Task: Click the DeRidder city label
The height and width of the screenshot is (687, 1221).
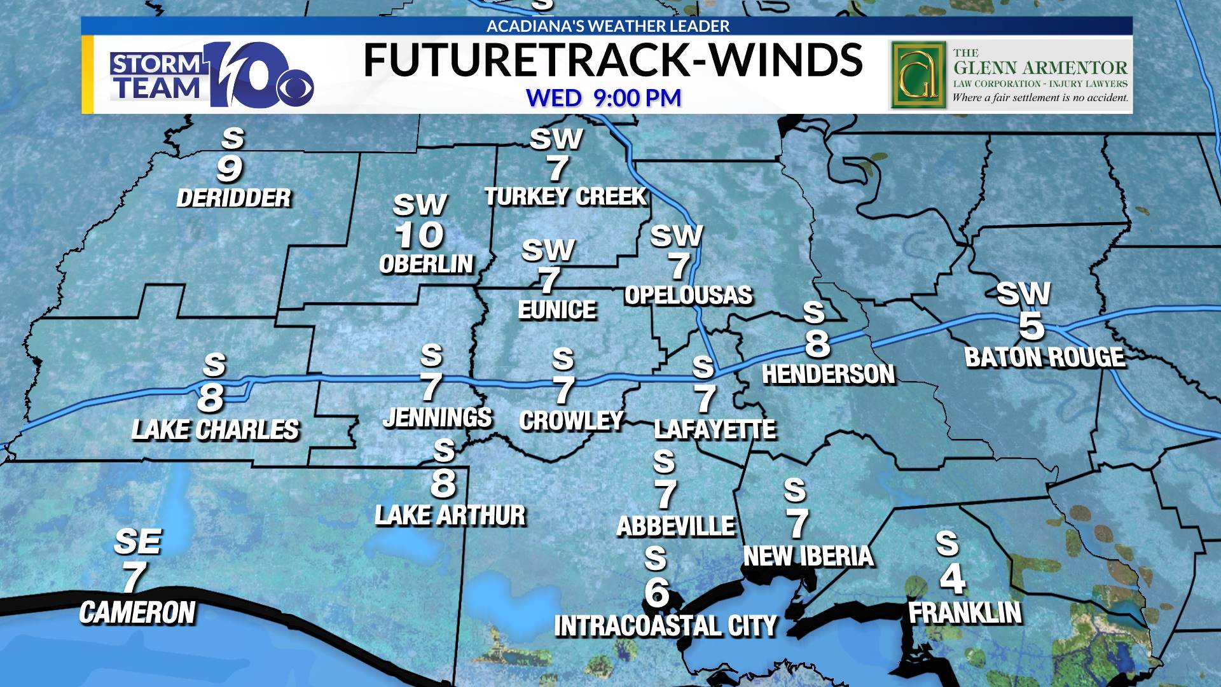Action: pos(233,198)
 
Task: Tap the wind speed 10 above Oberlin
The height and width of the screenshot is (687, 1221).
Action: pos(418,235)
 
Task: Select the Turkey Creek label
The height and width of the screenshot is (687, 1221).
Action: pos(565,197)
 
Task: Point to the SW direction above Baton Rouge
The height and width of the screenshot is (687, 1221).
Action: pos(1023,293)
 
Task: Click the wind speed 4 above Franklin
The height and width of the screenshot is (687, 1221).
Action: pos(952,578)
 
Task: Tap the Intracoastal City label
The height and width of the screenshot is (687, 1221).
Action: pos(665,626)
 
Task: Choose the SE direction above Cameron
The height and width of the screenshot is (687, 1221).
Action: pos(137,542)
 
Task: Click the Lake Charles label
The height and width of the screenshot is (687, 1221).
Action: pos(215,430)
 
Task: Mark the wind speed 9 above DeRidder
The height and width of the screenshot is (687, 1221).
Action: pos(230,169)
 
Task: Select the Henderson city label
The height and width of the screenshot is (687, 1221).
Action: pos(828,375)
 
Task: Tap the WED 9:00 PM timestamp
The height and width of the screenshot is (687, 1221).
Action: pos(604,98)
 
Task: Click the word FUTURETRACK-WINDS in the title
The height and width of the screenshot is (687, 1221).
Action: pos(612,60)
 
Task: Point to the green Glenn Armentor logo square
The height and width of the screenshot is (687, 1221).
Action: pos(918,74)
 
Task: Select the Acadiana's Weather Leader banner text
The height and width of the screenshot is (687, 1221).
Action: pos(608,26)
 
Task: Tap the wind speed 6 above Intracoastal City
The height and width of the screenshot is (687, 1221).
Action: pos(657,592)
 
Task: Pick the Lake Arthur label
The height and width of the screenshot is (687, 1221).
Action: pos(450,515)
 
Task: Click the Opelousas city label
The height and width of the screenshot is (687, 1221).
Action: pos(688,295)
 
